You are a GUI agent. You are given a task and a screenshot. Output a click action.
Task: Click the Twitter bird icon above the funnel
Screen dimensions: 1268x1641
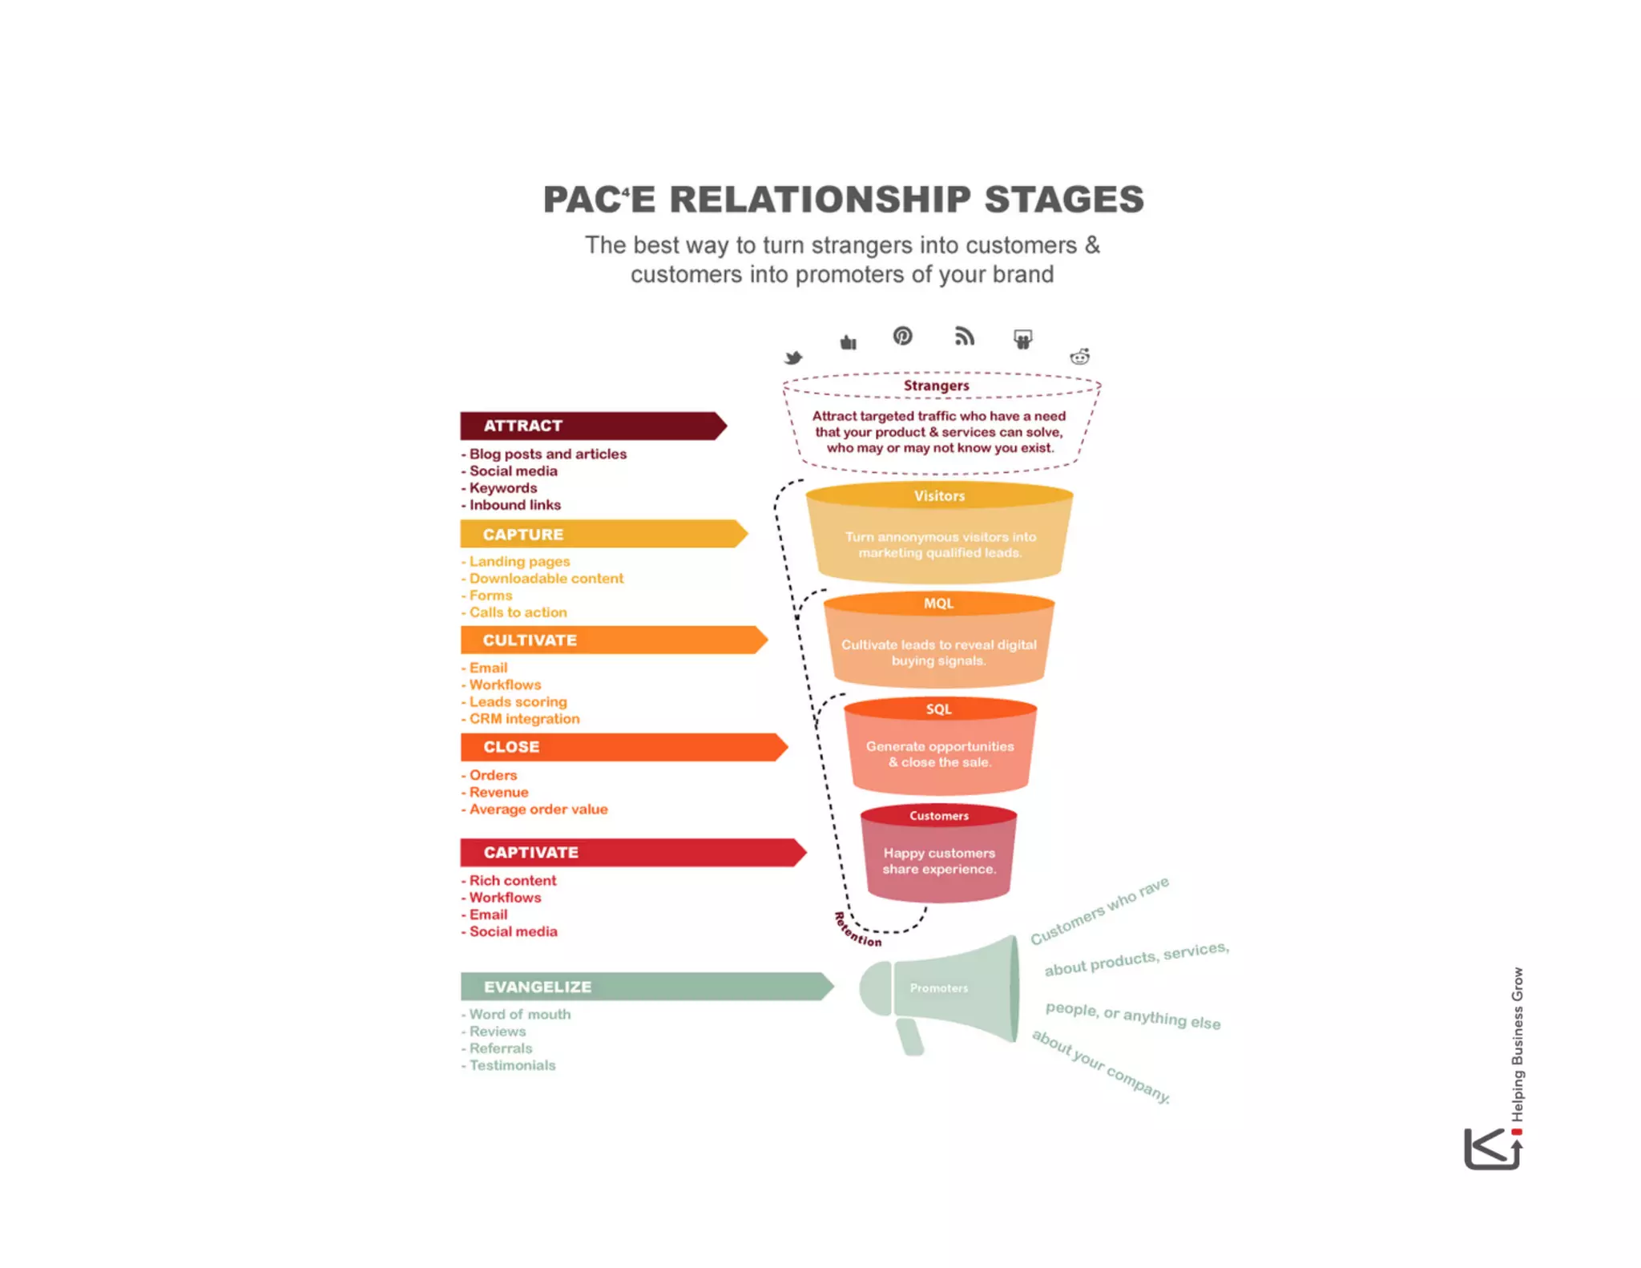(793, 357)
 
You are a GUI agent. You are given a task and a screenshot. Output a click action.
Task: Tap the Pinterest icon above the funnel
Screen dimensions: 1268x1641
(902, 336)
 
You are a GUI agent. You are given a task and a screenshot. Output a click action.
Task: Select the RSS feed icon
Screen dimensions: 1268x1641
(964, 337)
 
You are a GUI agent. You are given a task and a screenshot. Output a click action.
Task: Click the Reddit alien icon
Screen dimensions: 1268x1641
(1080, 357)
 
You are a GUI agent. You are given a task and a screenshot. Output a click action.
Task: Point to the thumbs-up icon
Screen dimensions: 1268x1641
(849, 343)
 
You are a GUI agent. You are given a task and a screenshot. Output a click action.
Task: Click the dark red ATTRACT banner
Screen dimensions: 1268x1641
(593, 426)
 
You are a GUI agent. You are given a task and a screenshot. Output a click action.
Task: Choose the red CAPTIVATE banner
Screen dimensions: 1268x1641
(632, 852)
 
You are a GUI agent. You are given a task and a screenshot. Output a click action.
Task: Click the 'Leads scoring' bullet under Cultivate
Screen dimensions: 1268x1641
(518, 702)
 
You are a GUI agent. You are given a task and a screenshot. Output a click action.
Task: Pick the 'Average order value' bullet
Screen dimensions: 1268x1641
(538, 810)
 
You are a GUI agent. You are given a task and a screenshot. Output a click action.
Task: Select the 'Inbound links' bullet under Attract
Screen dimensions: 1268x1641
(514, 505)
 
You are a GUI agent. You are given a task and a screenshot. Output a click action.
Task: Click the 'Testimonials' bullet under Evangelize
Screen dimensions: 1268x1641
(512, 1065)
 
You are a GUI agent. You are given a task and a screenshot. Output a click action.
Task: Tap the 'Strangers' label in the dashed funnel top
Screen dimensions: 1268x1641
(936, 386)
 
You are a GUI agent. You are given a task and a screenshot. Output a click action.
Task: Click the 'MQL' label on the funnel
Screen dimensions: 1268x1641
(938, 604)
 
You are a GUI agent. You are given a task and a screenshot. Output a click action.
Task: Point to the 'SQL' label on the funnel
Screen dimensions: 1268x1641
(938, 709)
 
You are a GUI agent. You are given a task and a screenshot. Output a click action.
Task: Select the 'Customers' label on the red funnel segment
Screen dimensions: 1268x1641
(938, 816)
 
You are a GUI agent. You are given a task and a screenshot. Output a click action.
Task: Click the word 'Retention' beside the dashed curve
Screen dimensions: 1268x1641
(857, 930)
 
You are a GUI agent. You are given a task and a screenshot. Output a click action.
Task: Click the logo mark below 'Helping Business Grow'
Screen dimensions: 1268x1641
(1492, 1149)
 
